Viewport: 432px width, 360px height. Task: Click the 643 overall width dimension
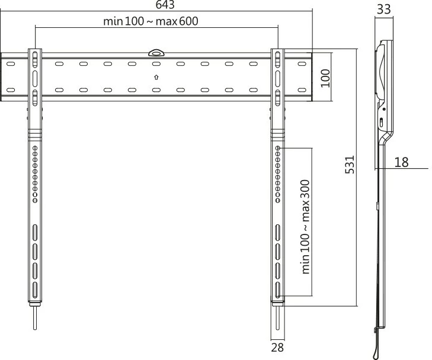(x=156, y=5)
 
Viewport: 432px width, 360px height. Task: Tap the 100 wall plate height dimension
(x=325, y=77)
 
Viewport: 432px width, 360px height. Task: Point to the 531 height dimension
(x=350, y=164)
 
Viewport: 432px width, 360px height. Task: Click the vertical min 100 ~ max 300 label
(x=306, y=227)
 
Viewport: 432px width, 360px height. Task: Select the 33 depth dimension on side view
(x=383, y=9)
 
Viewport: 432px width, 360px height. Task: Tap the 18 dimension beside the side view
(x=401, y=162)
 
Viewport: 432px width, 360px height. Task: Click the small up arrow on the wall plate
(x=156, y=76)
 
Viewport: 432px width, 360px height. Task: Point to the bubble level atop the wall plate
(x=156, y=53)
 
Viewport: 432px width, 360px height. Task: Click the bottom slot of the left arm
(x=35, y=291)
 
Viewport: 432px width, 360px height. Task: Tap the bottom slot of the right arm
(x=277, y=290)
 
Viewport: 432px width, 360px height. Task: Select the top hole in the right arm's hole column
(x=277, y=147)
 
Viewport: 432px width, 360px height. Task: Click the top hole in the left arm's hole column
(x=35, y=147)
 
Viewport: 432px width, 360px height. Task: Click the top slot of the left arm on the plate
(x=35, y=58)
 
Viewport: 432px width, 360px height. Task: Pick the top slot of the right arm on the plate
(x=277, y=58)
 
